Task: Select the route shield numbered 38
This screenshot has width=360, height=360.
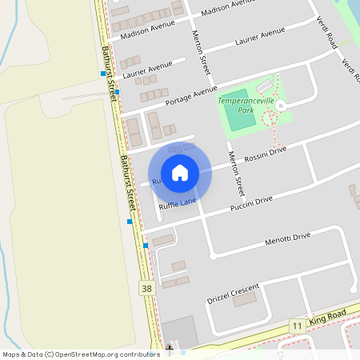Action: pyautogui.click(x=146, y=288)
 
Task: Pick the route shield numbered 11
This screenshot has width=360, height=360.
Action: pyautogui.click(x=296, y=326)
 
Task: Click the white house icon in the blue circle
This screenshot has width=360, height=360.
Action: pyautogui.click(x=180, y=173)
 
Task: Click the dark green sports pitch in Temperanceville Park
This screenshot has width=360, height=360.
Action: pyautogui.click(x=238, y=117)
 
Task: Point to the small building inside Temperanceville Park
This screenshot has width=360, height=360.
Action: pyautogui.click(x=264, y=86)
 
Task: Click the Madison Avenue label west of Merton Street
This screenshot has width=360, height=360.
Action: pyautogui.click(x=147, y=33)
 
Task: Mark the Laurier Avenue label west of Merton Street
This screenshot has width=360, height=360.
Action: pyautogui.click(x=148, y=70)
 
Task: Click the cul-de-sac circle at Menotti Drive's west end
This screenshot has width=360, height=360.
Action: pyautogui.click(x=213, y=257)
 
